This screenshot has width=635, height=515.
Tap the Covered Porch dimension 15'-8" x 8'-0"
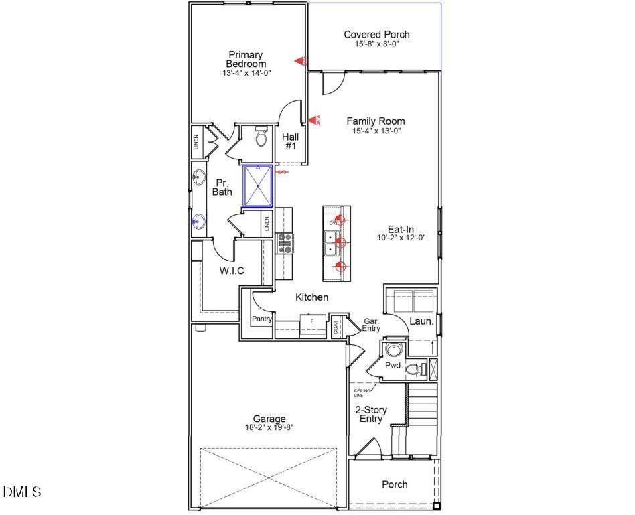(376, 44)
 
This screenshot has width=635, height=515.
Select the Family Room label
(375, 121)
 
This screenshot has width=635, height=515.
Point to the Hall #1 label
(290, 141)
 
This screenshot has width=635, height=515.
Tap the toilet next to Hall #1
(261, 138)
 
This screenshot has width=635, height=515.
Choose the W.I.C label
(232, 271)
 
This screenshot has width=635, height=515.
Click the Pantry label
(261, 319)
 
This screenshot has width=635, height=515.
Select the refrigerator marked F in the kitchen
(311, 322)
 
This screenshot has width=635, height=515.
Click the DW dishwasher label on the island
(332, 222)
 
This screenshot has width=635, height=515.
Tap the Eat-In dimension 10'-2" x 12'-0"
(401, 238)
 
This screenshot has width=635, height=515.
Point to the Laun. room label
(421, 321)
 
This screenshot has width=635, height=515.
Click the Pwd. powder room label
(393, 366)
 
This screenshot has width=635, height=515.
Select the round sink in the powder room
(393, 350)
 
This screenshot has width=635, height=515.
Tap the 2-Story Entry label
(370, 414)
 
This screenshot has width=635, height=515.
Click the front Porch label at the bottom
(395, 484)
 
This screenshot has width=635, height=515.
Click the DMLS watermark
(22, 492)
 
